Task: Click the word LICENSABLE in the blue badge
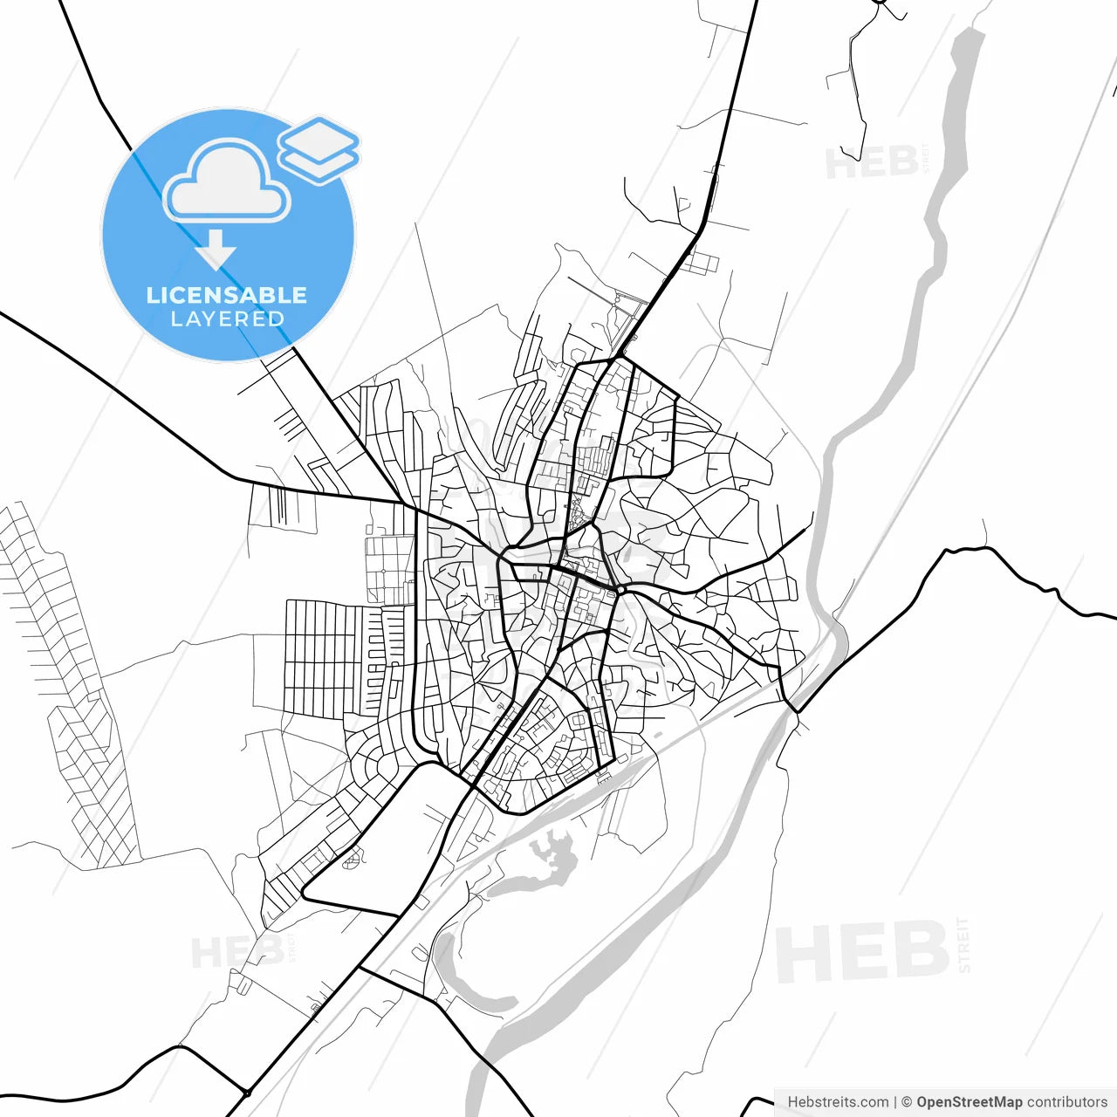click(227, 295)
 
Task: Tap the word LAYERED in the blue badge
click(227, 319)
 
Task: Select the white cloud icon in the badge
click(226, 183)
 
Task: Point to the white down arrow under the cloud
click(216, 249)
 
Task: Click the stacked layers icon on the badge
click(319, 148)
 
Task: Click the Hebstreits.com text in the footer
click(838, 1102)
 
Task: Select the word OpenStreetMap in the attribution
click(969, 1102)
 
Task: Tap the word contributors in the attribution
click(1066, 1102)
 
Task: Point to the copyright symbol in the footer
click(907, 1102)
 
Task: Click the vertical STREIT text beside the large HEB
click(964, 945)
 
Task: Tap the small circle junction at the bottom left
click(248, 1093)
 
